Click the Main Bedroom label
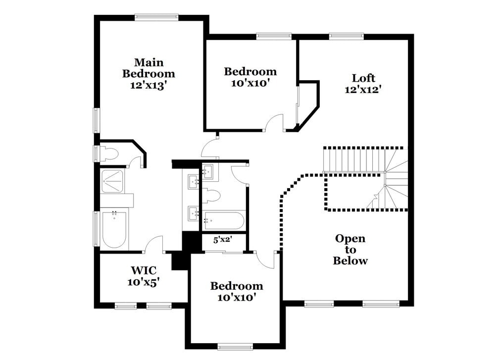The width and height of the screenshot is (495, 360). (x=148, y=73)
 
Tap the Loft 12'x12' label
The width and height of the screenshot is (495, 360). (x=363, y=83)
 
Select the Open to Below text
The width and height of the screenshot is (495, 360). (x=350, y=250)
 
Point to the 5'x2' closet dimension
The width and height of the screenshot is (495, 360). (x=223, y=240)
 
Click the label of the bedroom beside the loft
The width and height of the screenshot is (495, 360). (x=250, y=77)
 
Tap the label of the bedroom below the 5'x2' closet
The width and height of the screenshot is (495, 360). (x=237, y=291)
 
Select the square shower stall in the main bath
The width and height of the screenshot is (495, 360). (x=114, y=181)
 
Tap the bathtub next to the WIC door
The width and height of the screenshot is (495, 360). (x=114, y=229)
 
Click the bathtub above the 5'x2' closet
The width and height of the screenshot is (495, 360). (x=224, y=219)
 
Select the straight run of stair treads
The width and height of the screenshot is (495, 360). (x=353, y=160)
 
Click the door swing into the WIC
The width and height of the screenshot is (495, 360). (x=155, y=244)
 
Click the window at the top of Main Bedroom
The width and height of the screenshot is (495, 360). (x=156, y=17)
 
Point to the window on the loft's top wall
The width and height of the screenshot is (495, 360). (x=346, y=36)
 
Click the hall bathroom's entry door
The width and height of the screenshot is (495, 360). (x=240, y=175)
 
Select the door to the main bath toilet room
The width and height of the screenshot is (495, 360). (x=135, y=161)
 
